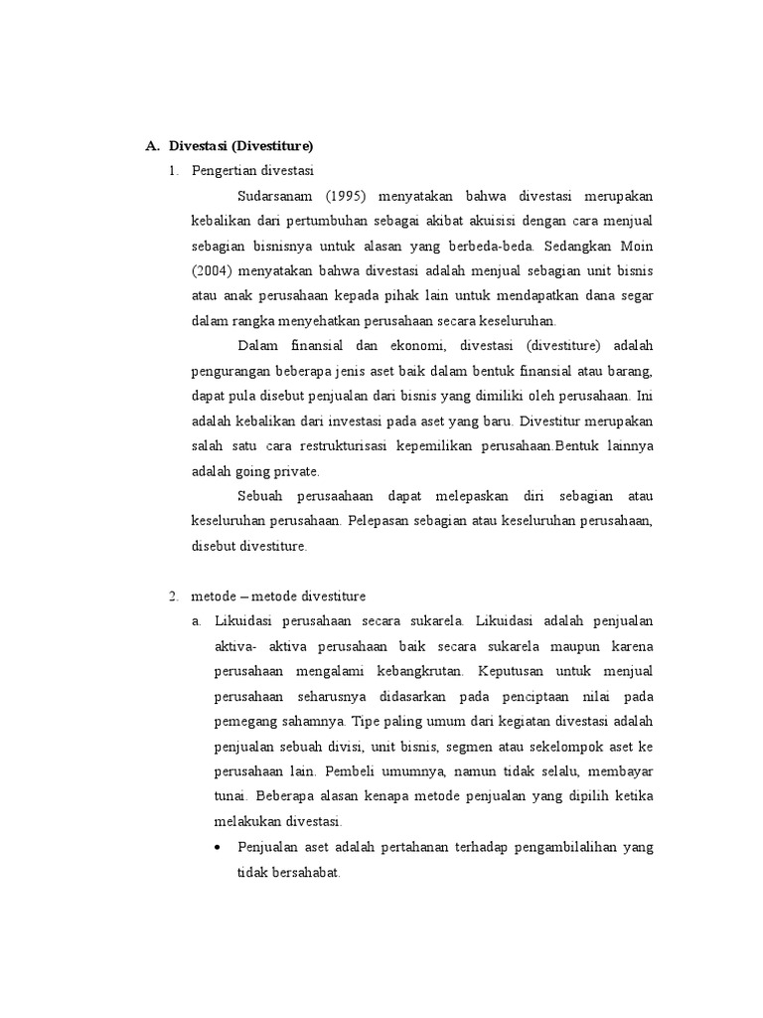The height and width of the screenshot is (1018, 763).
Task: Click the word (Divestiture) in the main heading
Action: click(x=271, y=146)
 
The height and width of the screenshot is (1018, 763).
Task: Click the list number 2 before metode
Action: click(x=173, y=596)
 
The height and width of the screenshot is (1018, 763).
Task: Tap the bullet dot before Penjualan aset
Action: click(x=220, y=848)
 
